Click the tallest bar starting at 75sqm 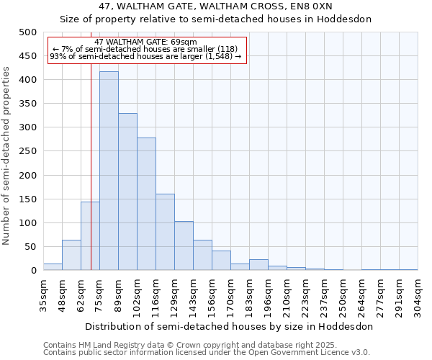[109, 171]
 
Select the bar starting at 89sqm [127, 192]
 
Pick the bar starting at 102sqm [146, 204]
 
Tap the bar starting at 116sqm [165, 232]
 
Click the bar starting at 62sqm [90, 236]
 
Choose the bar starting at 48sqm [71, 255]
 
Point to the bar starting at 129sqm [184, 246]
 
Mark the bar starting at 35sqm [53, 267]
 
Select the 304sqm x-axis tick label [418, 295]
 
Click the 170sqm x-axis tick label [231, 295]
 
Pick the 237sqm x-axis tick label [325, 295]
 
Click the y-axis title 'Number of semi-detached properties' [7, 156]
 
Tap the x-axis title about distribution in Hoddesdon [228, 326]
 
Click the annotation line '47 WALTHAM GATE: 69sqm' [145, 42]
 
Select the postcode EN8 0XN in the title [320, 6]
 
